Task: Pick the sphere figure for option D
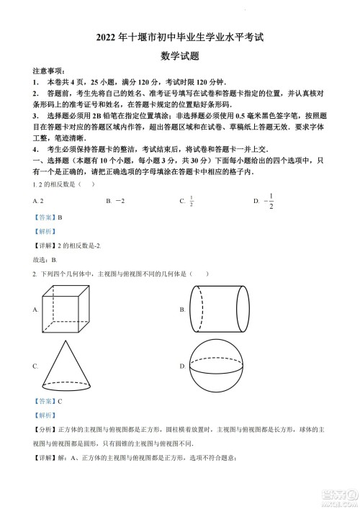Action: [218, 366]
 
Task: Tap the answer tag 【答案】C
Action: [47, 401]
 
